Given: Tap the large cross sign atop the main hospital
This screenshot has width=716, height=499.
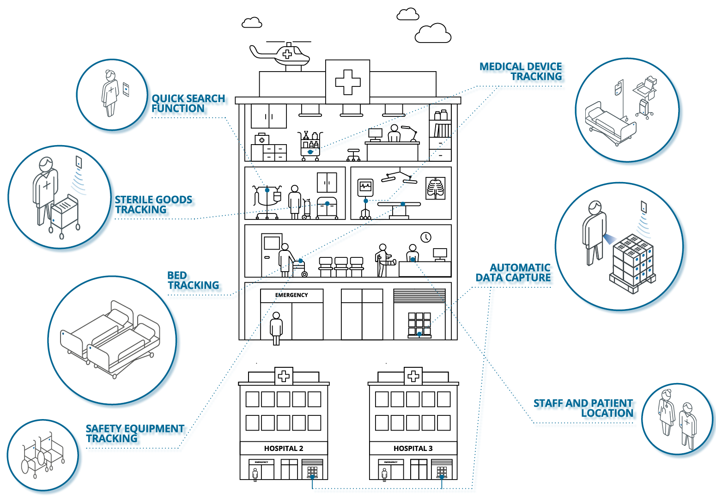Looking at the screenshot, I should tap(347, 82).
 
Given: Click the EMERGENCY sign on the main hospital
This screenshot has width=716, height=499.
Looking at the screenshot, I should tap(291, 295).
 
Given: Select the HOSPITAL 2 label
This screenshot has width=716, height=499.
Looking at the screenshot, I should tap(284, 448).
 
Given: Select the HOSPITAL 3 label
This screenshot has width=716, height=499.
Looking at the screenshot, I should tap(413, 448).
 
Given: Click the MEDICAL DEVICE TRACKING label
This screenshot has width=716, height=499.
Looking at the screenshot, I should tap(521, 72).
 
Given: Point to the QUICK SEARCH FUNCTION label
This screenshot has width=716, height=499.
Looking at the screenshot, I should tap(188, 103).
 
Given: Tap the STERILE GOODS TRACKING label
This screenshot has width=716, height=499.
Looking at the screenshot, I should tap(153, 205).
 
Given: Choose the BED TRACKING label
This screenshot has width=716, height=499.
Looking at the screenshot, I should tap(193, 280).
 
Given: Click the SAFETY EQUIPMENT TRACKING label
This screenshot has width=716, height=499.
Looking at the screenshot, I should tap(135, 433).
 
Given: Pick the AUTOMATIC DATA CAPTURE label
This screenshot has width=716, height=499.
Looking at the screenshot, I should tap(514, 273).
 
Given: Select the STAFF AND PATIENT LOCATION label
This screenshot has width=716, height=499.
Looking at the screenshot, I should tap(583, 408).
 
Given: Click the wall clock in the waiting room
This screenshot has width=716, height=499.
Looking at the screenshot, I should tap(425, 237).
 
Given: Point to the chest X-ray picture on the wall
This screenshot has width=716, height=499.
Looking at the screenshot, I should tap(435, 188).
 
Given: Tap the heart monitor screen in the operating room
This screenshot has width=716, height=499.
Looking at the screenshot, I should tap(365, 187).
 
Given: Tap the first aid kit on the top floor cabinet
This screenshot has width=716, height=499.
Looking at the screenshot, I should tap(262, 139).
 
